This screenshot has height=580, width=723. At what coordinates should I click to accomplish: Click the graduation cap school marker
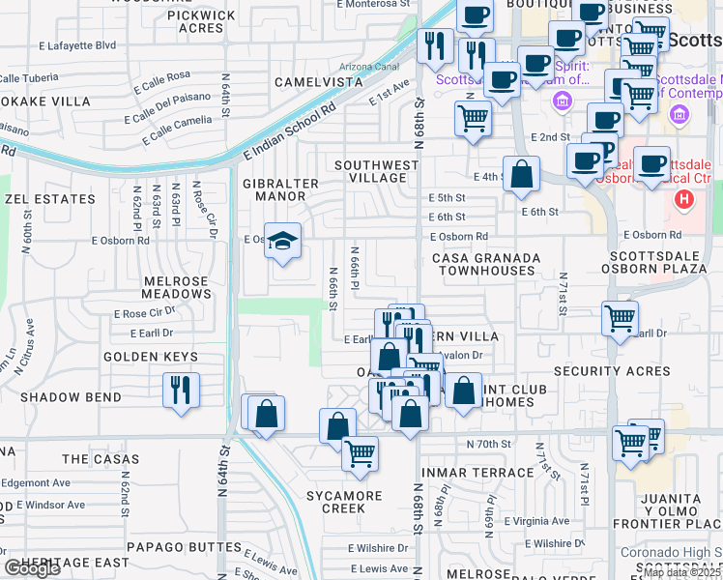click(282, 240)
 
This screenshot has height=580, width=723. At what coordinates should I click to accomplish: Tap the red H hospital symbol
click(684, 201)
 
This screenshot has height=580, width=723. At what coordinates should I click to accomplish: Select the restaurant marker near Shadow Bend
click(181, 389)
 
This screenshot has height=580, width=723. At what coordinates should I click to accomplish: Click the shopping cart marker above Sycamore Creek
click(360, 451)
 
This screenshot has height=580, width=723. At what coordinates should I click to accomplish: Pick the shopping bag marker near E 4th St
click(521, 173)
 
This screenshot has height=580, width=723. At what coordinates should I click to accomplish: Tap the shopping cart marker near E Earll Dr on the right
click(619, 317)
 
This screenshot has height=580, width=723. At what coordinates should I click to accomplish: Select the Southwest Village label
click(376, 171)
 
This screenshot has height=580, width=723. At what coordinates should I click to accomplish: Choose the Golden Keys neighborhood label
click(152, 357)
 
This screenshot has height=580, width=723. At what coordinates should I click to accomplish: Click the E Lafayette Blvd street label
click(77, 45)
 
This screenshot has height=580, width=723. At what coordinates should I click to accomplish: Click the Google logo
click(32, 568)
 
